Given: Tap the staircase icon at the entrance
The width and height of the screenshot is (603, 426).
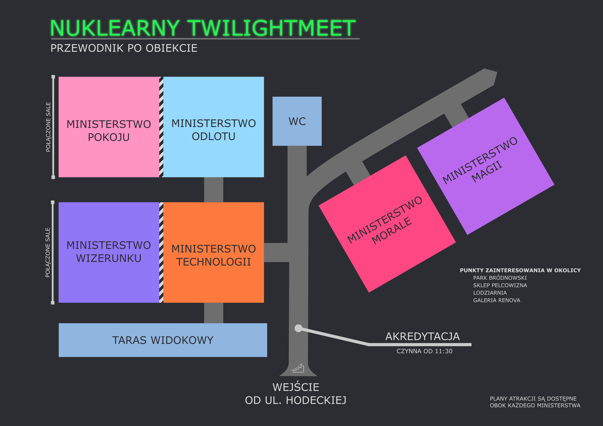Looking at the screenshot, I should (x=298, y=368).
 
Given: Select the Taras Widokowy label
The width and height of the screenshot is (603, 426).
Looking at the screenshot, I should (x=163, y=340).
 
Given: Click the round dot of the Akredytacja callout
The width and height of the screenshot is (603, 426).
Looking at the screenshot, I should (x=298, y=328).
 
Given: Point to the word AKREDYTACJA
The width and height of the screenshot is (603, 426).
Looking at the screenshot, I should (x=422, y=337).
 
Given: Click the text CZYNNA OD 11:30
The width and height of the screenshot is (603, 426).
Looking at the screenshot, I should (x=424, y=351).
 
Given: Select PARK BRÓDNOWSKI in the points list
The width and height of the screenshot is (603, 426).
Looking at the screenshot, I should (x=500, y=278).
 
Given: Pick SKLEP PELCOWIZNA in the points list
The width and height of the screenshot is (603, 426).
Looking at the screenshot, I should (x=500, y=285).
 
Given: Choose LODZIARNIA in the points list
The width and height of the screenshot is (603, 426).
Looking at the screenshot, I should (x=490, y=293).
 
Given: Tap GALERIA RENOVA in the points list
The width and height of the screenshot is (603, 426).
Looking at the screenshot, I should (x=496, y=300).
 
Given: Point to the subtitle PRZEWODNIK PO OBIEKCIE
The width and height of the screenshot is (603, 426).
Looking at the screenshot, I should (x=124, y=48).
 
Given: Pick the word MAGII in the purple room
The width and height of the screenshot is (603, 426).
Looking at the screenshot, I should (x=487, y=172).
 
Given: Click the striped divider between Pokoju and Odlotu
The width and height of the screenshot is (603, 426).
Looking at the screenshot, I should (x=161, y=127).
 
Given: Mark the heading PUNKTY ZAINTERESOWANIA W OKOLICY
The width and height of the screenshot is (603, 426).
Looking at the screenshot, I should (x=520, y=270).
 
